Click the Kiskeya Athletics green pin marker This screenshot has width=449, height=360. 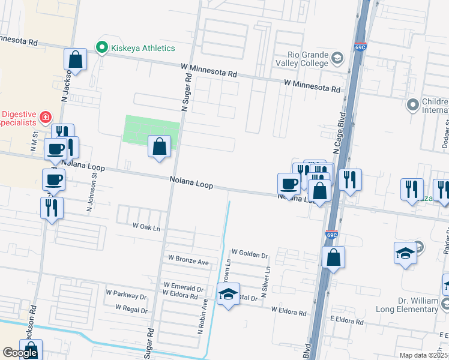tap(102, 47)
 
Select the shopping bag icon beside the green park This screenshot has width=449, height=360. tap(159, 147)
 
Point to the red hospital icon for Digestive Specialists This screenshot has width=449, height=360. tap(46, 116)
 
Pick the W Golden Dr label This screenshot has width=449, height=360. tap(250, 254)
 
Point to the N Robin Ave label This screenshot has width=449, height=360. tap(204, 317)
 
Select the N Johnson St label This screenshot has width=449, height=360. tap(91, 194)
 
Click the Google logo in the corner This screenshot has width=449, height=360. tap(20, 353)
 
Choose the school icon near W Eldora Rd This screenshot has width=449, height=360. tap(228, 294)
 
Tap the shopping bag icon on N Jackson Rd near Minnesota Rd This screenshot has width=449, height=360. tap(76, 59)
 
